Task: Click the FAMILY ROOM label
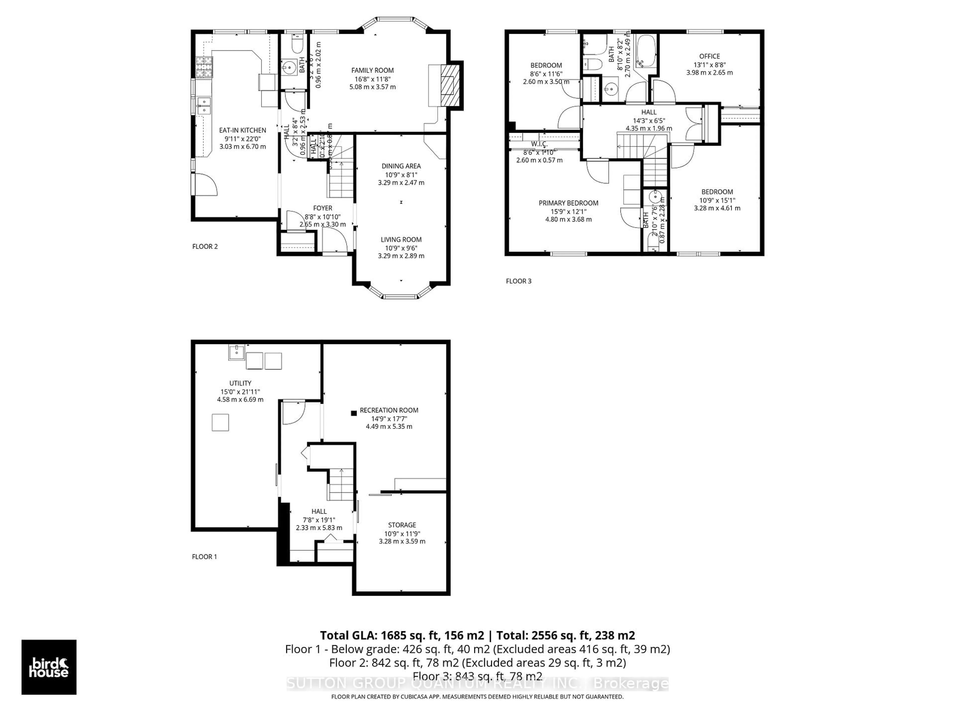372,70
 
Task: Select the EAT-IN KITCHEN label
242,130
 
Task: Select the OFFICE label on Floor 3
709,56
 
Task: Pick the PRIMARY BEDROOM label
568,203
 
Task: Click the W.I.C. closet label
539,144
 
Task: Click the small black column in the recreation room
354,413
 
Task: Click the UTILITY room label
240,383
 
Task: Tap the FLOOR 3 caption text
519,281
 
